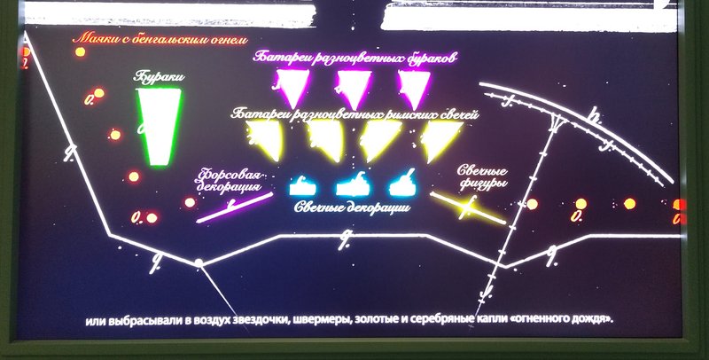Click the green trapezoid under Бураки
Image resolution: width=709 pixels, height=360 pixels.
point(160,127)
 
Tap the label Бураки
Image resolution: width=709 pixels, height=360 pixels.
point(158,76)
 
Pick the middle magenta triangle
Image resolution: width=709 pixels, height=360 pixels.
point(351,86)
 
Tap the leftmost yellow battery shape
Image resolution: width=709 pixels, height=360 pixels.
point(265,137)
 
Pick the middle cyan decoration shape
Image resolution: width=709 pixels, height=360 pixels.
point(354,184)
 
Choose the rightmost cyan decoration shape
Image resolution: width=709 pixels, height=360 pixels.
point(404,184)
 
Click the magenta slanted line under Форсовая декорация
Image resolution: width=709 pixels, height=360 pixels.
point(234,207)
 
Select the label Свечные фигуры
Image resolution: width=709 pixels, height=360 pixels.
point(482,177)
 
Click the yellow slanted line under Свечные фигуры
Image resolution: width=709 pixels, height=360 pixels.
point(468,207)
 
